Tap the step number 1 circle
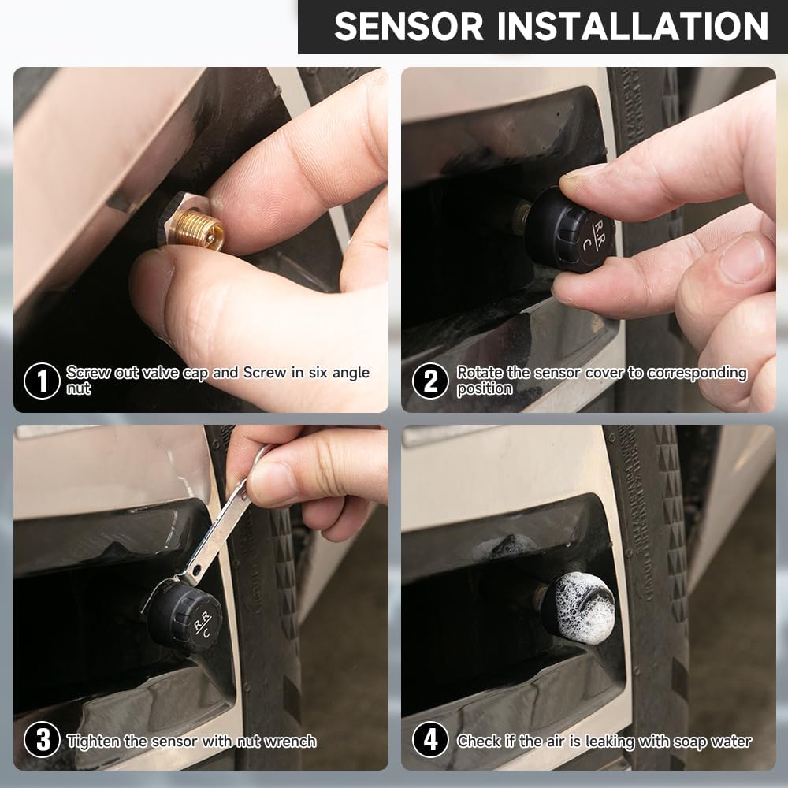[42, 381]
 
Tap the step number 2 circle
[430, 381]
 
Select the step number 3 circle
[42, 741]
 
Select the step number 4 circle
[430, 741]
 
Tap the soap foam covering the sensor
[578, 607]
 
